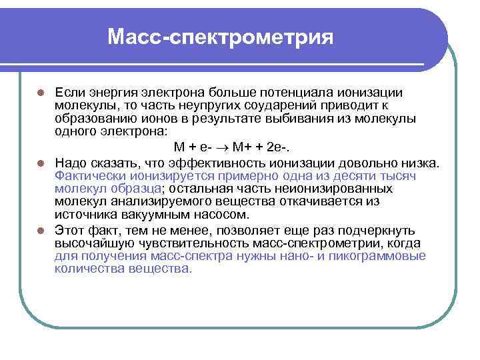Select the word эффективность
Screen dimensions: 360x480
point(203,162)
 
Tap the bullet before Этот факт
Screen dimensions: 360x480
point(41,231)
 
